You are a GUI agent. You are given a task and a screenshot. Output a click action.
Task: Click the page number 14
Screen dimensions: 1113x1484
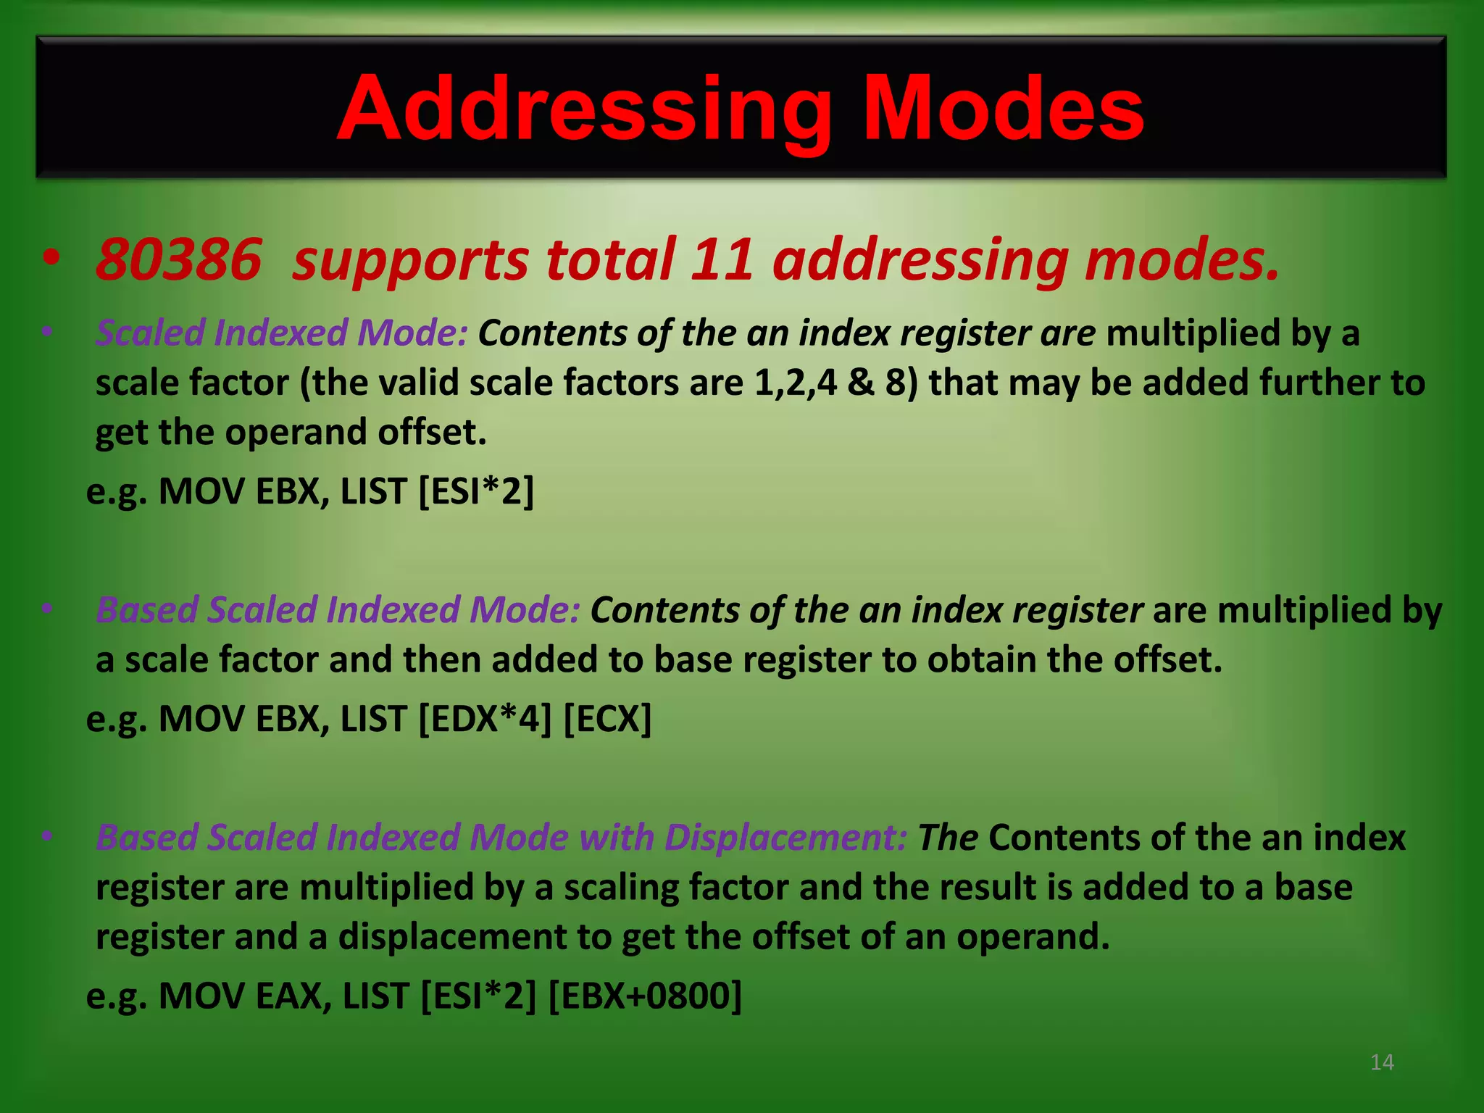pyautogui.click(x=1382, y=1062)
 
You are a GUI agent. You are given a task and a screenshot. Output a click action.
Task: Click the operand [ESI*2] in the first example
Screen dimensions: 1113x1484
pyautogui.click(x=476, y=491)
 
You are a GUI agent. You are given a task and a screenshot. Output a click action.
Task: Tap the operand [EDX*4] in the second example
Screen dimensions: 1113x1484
pyautogui.click(x=485, y=719)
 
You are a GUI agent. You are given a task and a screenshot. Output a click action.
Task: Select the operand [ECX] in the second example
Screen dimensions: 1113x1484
pyautogui.click(x=607, y=719)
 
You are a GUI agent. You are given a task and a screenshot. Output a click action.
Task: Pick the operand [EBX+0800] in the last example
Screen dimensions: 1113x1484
pyautogui.click(x=645, y=996)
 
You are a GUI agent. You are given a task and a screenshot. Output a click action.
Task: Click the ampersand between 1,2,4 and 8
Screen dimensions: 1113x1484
pyautogui.click(x=861, y=383)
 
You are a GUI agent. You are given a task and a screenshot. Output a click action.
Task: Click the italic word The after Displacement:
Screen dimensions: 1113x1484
pyautogui.click(x=948, y=838)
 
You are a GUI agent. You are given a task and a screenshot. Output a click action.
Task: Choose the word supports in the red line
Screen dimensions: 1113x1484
pyautogui.click(x=410, y=261)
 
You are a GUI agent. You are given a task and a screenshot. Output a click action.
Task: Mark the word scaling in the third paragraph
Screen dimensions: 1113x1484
pyautogui.click(x=620, y=888)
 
